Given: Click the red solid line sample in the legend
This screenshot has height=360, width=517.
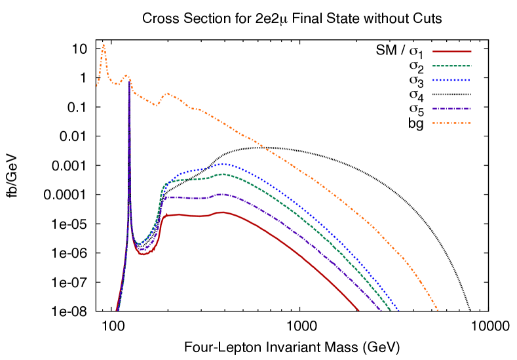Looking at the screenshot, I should (x=451, y=51).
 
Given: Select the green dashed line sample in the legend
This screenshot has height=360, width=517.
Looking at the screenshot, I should (x=451, y=66).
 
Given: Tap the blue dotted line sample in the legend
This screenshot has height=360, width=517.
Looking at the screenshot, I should (x=451, y=80).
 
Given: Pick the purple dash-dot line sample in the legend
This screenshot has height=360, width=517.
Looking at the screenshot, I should (x=451, y=109).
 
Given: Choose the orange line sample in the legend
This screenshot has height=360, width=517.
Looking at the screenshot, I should (x=451, y=123).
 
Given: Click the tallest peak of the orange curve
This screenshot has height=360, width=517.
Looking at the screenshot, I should (x=104, y=45).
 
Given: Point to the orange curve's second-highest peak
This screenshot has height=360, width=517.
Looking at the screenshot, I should (x=126, y=75).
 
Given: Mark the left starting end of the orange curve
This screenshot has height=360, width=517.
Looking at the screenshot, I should (x=97, y=86).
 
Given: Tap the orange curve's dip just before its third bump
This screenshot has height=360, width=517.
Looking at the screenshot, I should (x=157, y=105).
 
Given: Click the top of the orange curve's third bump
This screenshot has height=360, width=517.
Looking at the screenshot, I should (x=167, y=93).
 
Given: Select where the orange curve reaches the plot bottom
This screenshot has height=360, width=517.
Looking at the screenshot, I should (x=438, y=310).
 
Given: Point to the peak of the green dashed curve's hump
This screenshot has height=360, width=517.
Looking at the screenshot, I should (x=223, y=174).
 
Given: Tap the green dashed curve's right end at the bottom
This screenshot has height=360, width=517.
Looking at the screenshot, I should (x=391, y=310).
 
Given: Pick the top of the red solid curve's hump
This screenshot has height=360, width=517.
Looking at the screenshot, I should (x=221, y=212).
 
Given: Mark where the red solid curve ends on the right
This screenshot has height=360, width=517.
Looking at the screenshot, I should (x=359, y=310).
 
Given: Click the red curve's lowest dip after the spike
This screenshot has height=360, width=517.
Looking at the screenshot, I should (x=142, y=254).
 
